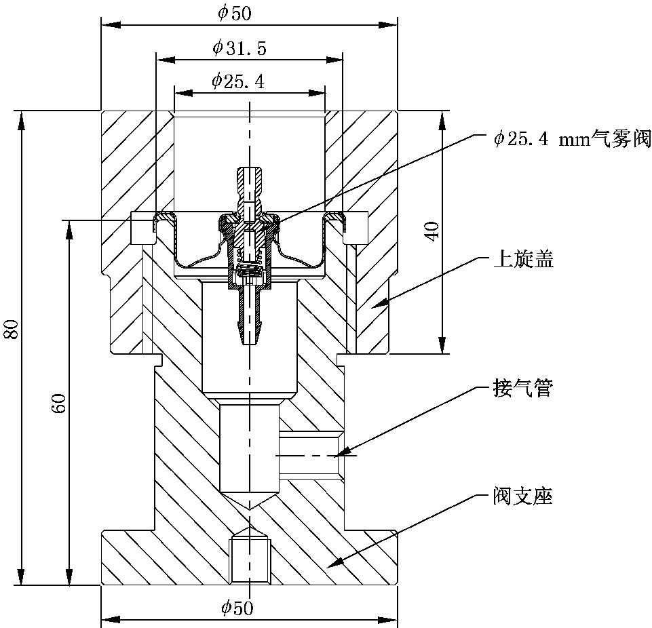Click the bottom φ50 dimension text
pos(237,608)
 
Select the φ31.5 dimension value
pos(239,47)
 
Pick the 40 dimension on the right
pos(434,230)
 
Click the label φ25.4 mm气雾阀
pos(572,139)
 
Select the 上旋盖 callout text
pos(523,259)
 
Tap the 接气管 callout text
pos(523,389)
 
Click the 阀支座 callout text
pos(523,496)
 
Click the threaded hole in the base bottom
pos(250,560)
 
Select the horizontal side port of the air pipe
pos(309,456)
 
